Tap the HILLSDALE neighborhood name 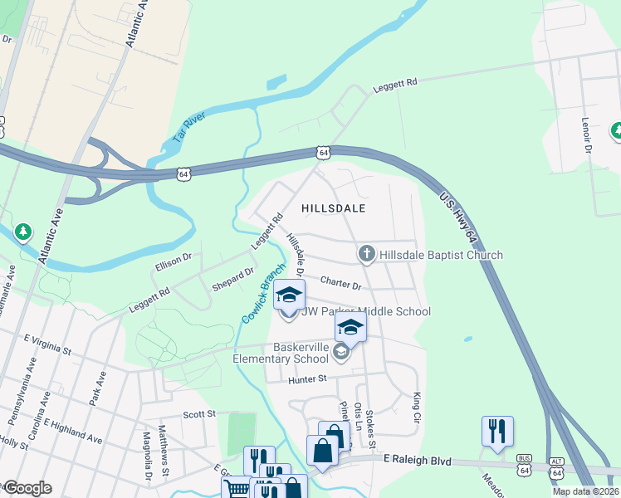(x=335, y=208)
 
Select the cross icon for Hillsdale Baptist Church (x=367, y=253)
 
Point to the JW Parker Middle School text (x=365, y=311)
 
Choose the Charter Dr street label (x=340, y=285)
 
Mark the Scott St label (x=198, y=413)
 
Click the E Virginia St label (x=52, y=339)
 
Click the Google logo (x=27, y=487)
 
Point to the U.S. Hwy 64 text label (x=459, y=218)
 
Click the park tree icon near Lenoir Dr (x=616, y=130)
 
